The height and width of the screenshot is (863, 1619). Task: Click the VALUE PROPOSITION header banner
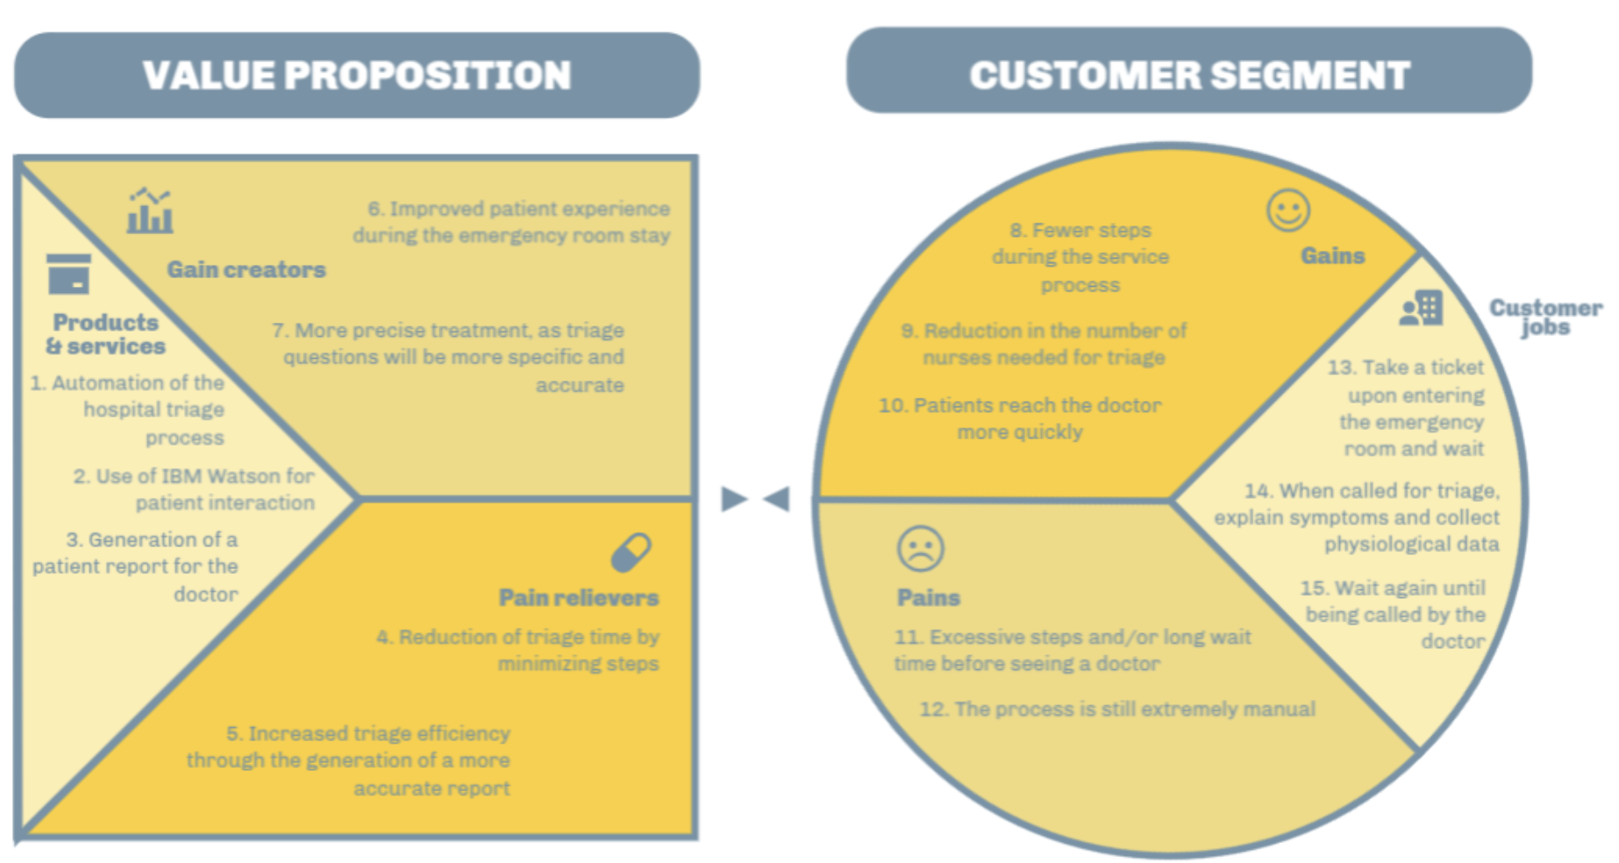click(357, 75)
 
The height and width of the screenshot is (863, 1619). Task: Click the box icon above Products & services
click(68, 274)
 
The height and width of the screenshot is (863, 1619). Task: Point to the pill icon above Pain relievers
click(631, 553)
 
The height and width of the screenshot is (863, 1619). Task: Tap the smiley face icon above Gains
click(1287, 210)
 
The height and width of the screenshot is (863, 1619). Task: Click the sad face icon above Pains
click(920, 549)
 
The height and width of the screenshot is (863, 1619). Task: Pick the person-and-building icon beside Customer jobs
click(1421, 308)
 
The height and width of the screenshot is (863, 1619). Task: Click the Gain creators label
click(246, 269)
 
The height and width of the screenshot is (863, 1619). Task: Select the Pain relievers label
click(579, 597)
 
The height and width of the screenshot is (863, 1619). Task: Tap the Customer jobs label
click(1545, 317)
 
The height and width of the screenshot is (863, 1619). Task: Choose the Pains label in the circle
click(928, 597)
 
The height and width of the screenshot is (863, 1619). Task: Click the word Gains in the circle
click(1332, 255)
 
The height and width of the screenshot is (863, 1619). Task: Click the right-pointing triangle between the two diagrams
click(733, 499)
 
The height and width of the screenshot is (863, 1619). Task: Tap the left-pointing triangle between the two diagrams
click(777, 499)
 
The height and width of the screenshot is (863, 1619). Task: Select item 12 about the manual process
click(1116, 709)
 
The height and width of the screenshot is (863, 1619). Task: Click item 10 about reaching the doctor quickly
click(1020, 418)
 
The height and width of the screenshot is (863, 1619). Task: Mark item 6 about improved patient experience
click(512, 222)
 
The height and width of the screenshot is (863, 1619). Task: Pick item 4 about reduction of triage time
click(517, 650)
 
